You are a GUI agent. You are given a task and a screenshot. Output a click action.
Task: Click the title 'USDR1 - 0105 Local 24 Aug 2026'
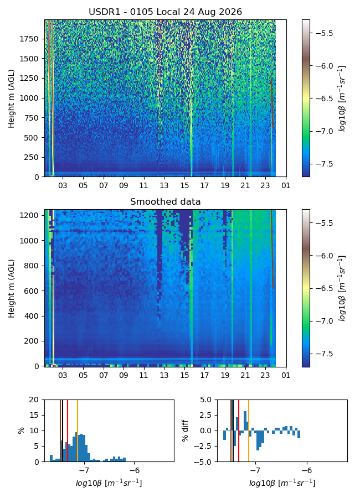(166, 12)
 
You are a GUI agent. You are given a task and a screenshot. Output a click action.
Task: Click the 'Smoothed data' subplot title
(166, 201)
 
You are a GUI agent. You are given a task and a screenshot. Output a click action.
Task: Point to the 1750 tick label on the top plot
(29, 39)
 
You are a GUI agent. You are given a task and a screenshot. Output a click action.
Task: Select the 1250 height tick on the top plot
(29, 78)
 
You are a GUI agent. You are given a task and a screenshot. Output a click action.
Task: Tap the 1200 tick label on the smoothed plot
(29, 215)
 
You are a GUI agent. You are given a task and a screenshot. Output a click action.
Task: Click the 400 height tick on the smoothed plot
(32, 316)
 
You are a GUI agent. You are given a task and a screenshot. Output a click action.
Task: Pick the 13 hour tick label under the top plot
(164, 185)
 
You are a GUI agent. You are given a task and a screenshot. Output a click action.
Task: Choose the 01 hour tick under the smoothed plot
(286, 375)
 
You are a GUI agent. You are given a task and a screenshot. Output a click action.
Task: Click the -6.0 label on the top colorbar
(323, 66)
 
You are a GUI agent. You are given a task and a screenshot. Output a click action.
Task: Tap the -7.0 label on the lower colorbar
(323, 321)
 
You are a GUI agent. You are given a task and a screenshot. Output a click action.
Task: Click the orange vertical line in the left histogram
(78, 430)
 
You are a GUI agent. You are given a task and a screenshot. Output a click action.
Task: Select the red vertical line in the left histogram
(68, 430)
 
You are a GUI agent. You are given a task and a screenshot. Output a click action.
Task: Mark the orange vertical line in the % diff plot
(248, 430)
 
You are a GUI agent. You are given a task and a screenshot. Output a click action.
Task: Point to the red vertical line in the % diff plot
(239, 430)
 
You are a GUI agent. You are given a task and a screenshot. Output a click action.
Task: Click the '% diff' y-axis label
(185, 430)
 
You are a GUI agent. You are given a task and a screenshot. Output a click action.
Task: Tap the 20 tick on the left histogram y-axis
(34, 400)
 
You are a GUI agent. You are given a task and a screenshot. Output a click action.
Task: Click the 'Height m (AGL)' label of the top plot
(12, 99)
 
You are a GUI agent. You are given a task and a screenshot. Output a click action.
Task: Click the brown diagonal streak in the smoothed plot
(272, 248)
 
